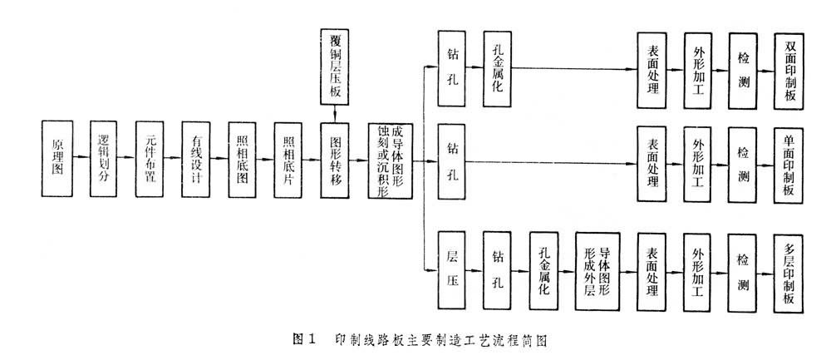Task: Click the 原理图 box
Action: coord(56,158)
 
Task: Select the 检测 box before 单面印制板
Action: coord(743,163)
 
